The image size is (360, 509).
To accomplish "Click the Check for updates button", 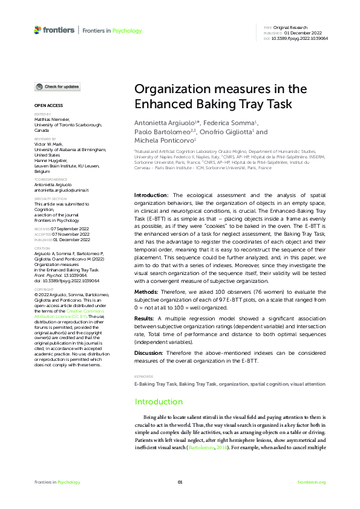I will point(57,87).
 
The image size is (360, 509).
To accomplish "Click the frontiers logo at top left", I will point(54,30).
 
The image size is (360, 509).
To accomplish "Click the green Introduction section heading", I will point(159,401).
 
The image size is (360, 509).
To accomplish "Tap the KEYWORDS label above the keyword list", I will point(143,377).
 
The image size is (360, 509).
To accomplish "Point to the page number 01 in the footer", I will point(180,482).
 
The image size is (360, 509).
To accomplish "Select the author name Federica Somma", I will point(229,123).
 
